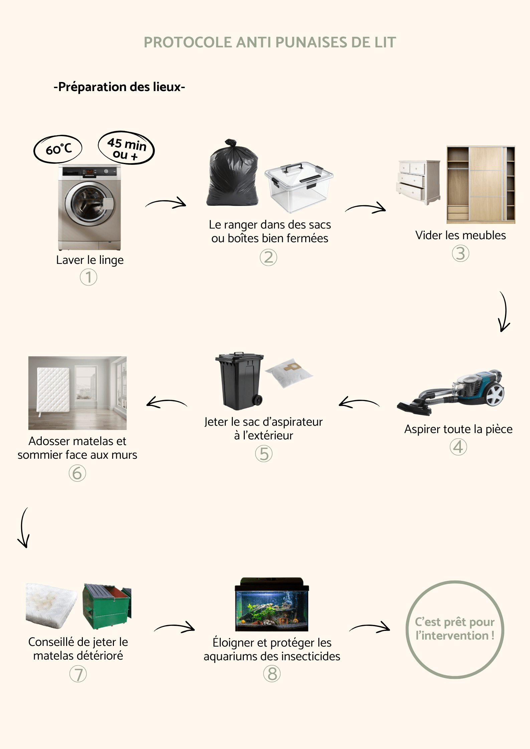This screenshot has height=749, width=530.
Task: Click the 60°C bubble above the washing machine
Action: coord(58,149)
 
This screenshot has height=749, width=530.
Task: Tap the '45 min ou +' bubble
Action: coord(126,148)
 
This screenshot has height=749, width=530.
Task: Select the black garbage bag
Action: coord(232,174)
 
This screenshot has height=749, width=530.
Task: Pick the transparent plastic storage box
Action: coord(299,187)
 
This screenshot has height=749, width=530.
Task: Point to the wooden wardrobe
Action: coord(481,184)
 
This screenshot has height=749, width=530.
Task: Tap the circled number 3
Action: coord(460,254)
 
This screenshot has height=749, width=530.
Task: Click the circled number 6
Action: coord(77,473)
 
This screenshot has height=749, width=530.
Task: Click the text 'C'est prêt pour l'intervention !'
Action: coord(455,629)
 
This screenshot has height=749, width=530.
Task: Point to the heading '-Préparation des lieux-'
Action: coord(119,87)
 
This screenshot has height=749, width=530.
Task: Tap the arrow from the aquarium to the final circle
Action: coord(370,628)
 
